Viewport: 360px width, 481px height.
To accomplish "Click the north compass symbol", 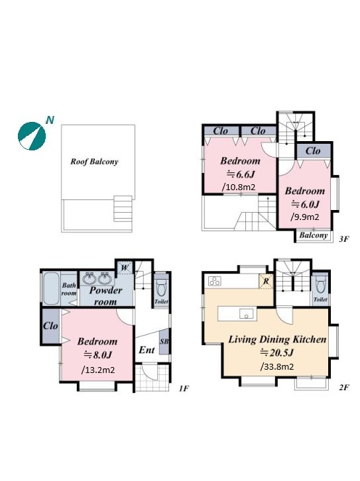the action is [32, 136].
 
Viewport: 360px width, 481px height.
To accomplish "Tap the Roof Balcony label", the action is [94, 162].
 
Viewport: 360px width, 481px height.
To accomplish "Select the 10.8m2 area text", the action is [239, 187].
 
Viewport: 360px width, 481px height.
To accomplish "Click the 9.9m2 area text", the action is [304, 217].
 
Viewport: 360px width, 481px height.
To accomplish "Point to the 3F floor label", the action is [344, 239].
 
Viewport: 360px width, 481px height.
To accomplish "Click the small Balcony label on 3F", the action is [314, 236].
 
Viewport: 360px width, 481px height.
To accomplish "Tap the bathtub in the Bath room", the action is [51, 288].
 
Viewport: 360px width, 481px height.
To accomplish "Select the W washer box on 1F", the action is [124, 268].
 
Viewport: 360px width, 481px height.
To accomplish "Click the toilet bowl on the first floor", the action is [161, 288].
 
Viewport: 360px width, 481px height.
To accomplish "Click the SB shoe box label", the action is [164, 341].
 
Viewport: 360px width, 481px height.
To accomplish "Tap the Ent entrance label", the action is [147, 350].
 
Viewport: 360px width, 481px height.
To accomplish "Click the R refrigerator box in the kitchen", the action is [266, 281].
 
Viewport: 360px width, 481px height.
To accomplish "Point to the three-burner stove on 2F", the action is [215, 281].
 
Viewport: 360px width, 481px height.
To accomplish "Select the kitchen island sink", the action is [247, 314].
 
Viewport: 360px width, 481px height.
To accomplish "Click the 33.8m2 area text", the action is [277, 366].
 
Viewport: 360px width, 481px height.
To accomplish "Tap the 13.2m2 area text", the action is [98, 370].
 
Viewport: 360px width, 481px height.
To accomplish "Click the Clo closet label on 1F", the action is [50, 325].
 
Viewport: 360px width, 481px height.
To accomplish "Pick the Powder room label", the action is [105, 296].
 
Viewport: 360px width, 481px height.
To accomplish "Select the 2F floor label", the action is [344, 388].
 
